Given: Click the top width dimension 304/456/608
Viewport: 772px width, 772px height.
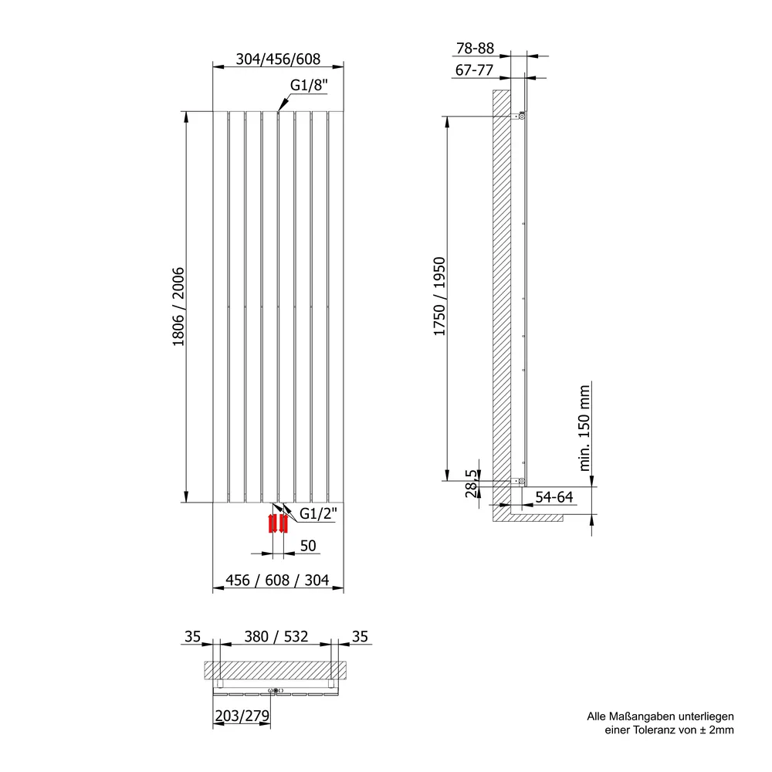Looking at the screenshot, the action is coord(278,59).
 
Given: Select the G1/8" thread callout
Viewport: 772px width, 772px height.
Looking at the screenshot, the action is coord(309,85).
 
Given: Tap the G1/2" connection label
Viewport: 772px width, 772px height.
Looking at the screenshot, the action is coord(318,513).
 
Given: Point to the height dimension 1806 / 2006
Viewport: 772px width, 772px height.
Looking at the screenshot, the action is coord(178,306).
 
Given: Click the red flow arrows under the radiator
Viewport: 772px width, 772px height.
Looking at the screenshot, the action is coord(278,523).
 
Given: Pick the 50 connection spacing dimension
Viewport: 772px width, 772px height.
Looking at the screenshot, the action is coord(308,546).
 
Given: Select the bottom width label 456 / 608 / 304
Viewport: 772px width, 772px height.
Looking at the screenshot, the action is coord(277,580).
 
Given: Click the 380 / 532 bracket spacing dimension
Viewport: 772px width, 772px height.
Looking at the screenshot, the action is coord(276,637).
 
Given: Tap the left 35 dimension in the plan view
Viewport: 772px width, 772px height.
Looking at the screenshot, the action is coord(192,637).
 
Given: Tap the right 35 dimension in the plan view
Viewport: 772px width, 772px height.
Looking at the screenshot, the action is coord(360,637).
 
